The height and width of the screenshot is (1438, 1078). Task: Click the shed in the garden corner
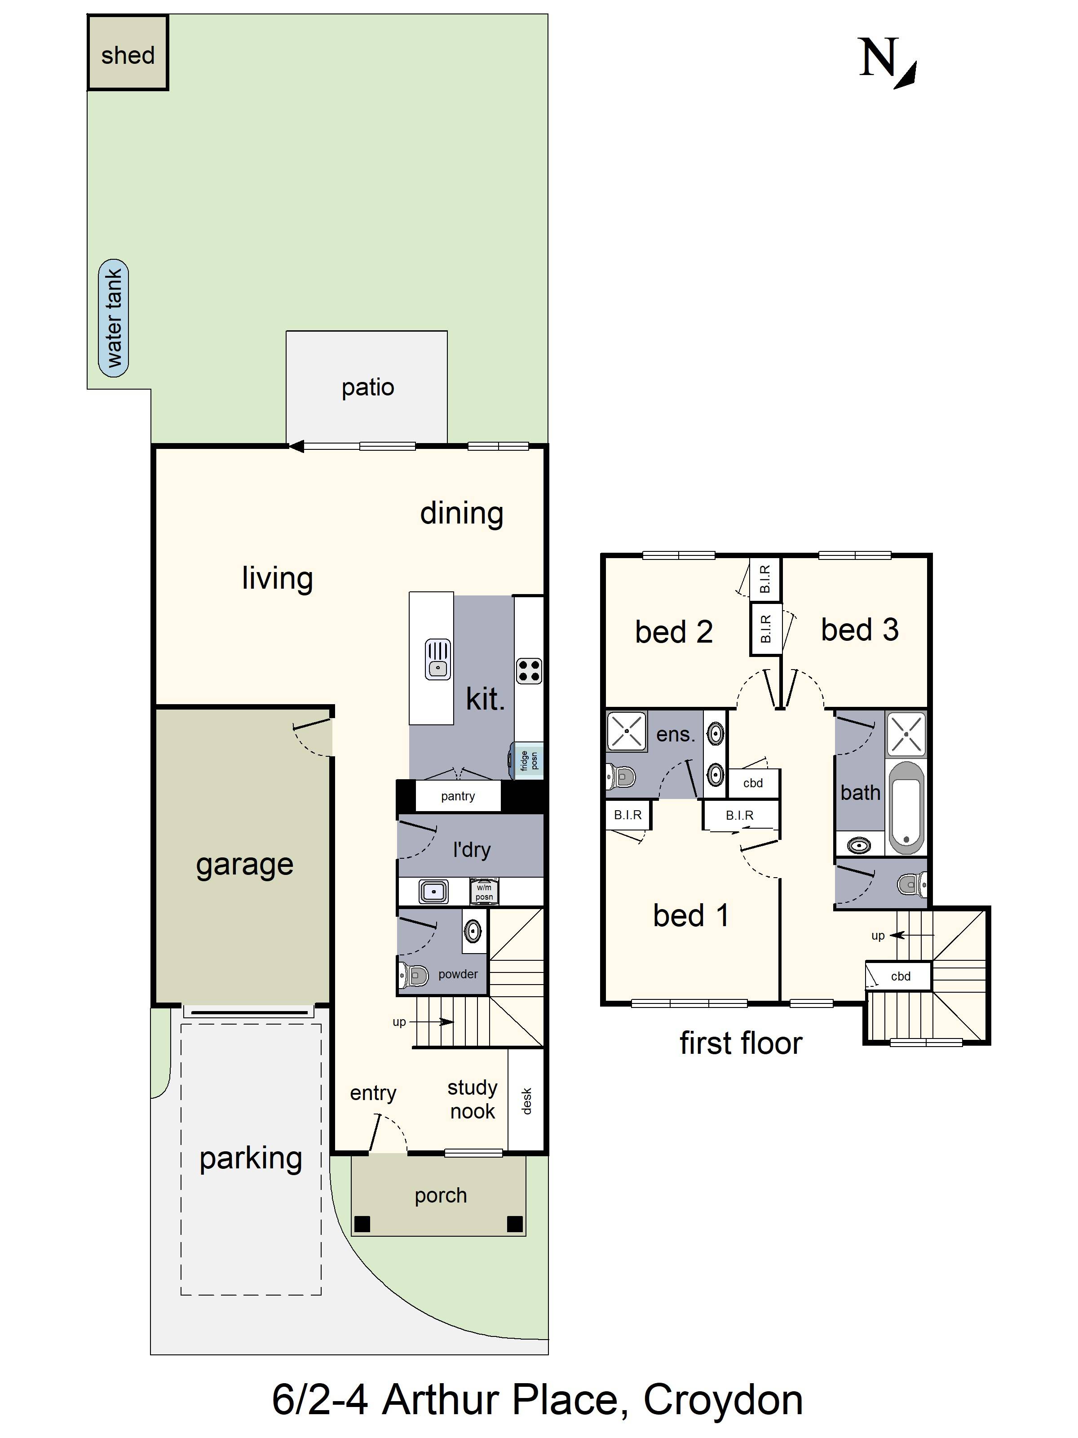coord(128,53)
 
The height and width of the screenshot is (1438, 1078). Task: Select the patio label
coord(368,387)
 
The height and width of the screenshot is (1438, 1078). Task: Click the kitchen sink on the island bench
coord(437,660)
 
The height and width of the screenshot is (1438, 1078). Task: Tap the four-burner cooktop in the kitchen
coord(528,671)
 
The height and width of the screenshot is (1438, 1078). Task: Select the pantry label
coord(457,796)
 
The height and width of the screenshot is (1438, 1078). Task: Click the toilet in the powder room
coord(414,975)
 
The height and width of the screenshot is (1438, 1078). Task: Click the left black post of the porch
coord(362,1224)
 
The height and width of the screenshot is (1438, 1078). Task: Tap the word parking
coord(251,1158)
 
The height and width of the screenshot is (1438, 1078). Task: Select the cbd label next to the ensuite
coord(752,783)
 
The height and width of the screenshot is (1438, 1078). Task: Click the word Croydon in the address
coord(723,1400)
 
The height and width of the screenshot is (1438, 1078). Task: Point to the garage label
coord(244,865)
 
